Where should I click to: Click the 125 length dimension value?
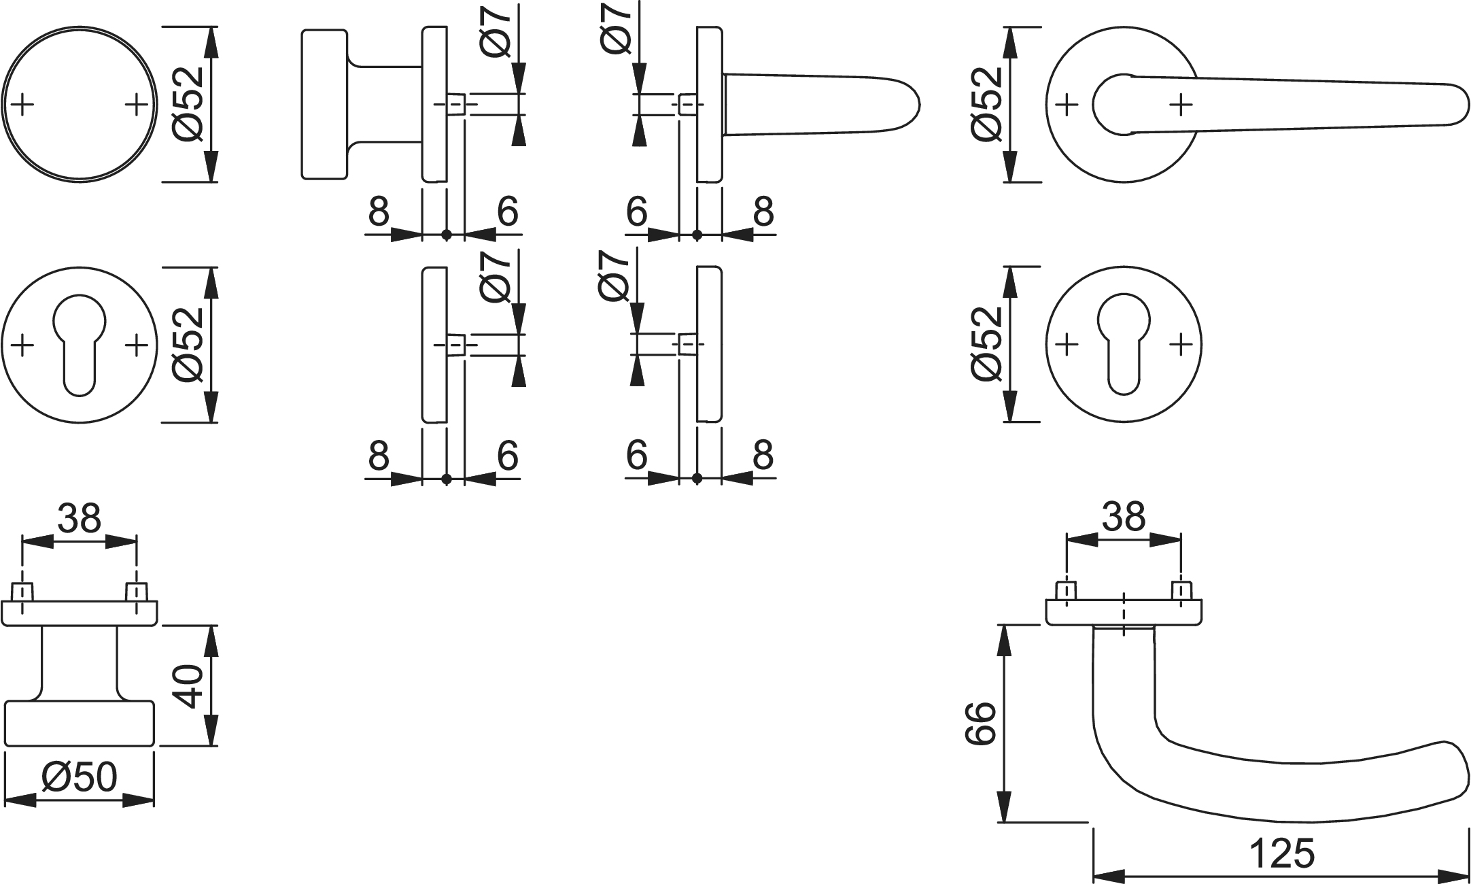point(1282,854)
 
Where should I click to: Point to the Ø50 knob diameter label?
point(80,777)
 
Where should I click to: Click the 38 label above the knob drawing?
point(79,520)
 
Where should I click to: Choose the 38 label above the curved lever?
point(1124,517)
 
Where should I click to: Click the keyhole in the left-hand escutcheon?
point(80,340)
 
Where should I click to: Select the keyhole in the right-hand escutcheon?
point(1124,340)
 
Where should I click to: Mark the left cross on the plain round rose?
point(22,105)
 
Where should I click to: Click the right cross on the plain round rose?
point(137,105)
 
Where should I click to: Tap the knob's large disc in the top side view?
point(324,104)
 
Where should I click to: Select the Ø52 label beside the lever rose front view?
point(987,104)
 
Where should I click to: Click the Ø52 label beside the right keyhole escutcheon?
point(987,344)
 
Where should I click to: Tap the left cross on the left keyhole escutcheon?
point(22,345)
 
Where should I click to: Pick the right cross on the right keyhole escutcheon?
point(1181,344)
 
